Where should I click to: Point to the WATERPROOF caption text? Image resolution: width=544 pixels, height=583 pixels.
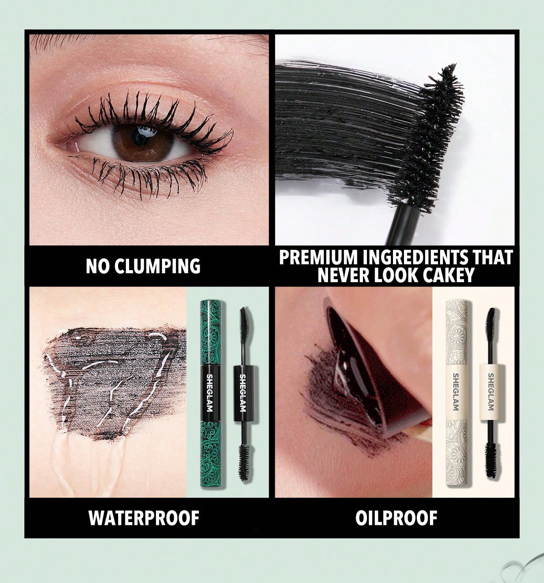click(x=144, y=518)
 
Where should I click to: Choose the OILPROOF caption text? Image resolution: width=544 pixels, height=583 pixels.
click(x=396, y=518)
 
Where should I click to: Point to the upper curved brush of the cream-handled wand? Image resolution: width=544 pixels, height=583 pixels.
click(x=491, y=325)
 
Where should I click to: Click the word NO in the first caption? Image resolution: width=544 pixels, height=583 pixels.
click(x=97, y=266)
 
